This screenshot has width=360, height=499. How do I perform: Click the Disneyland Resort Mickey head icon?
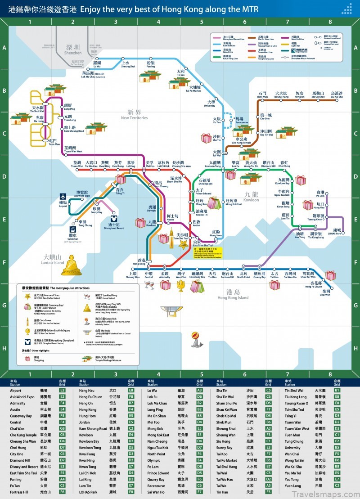click(112, 216)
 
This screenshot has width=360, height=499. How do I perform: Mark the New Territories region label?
click(135, 115)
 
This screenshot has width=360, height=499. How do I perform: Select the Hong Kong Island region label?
click(233, 295)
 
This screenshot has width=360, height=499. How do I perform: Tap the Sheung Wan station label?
click(133, 275)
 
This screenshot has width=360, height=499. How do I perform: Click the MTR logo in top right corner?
click(347, 9)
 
